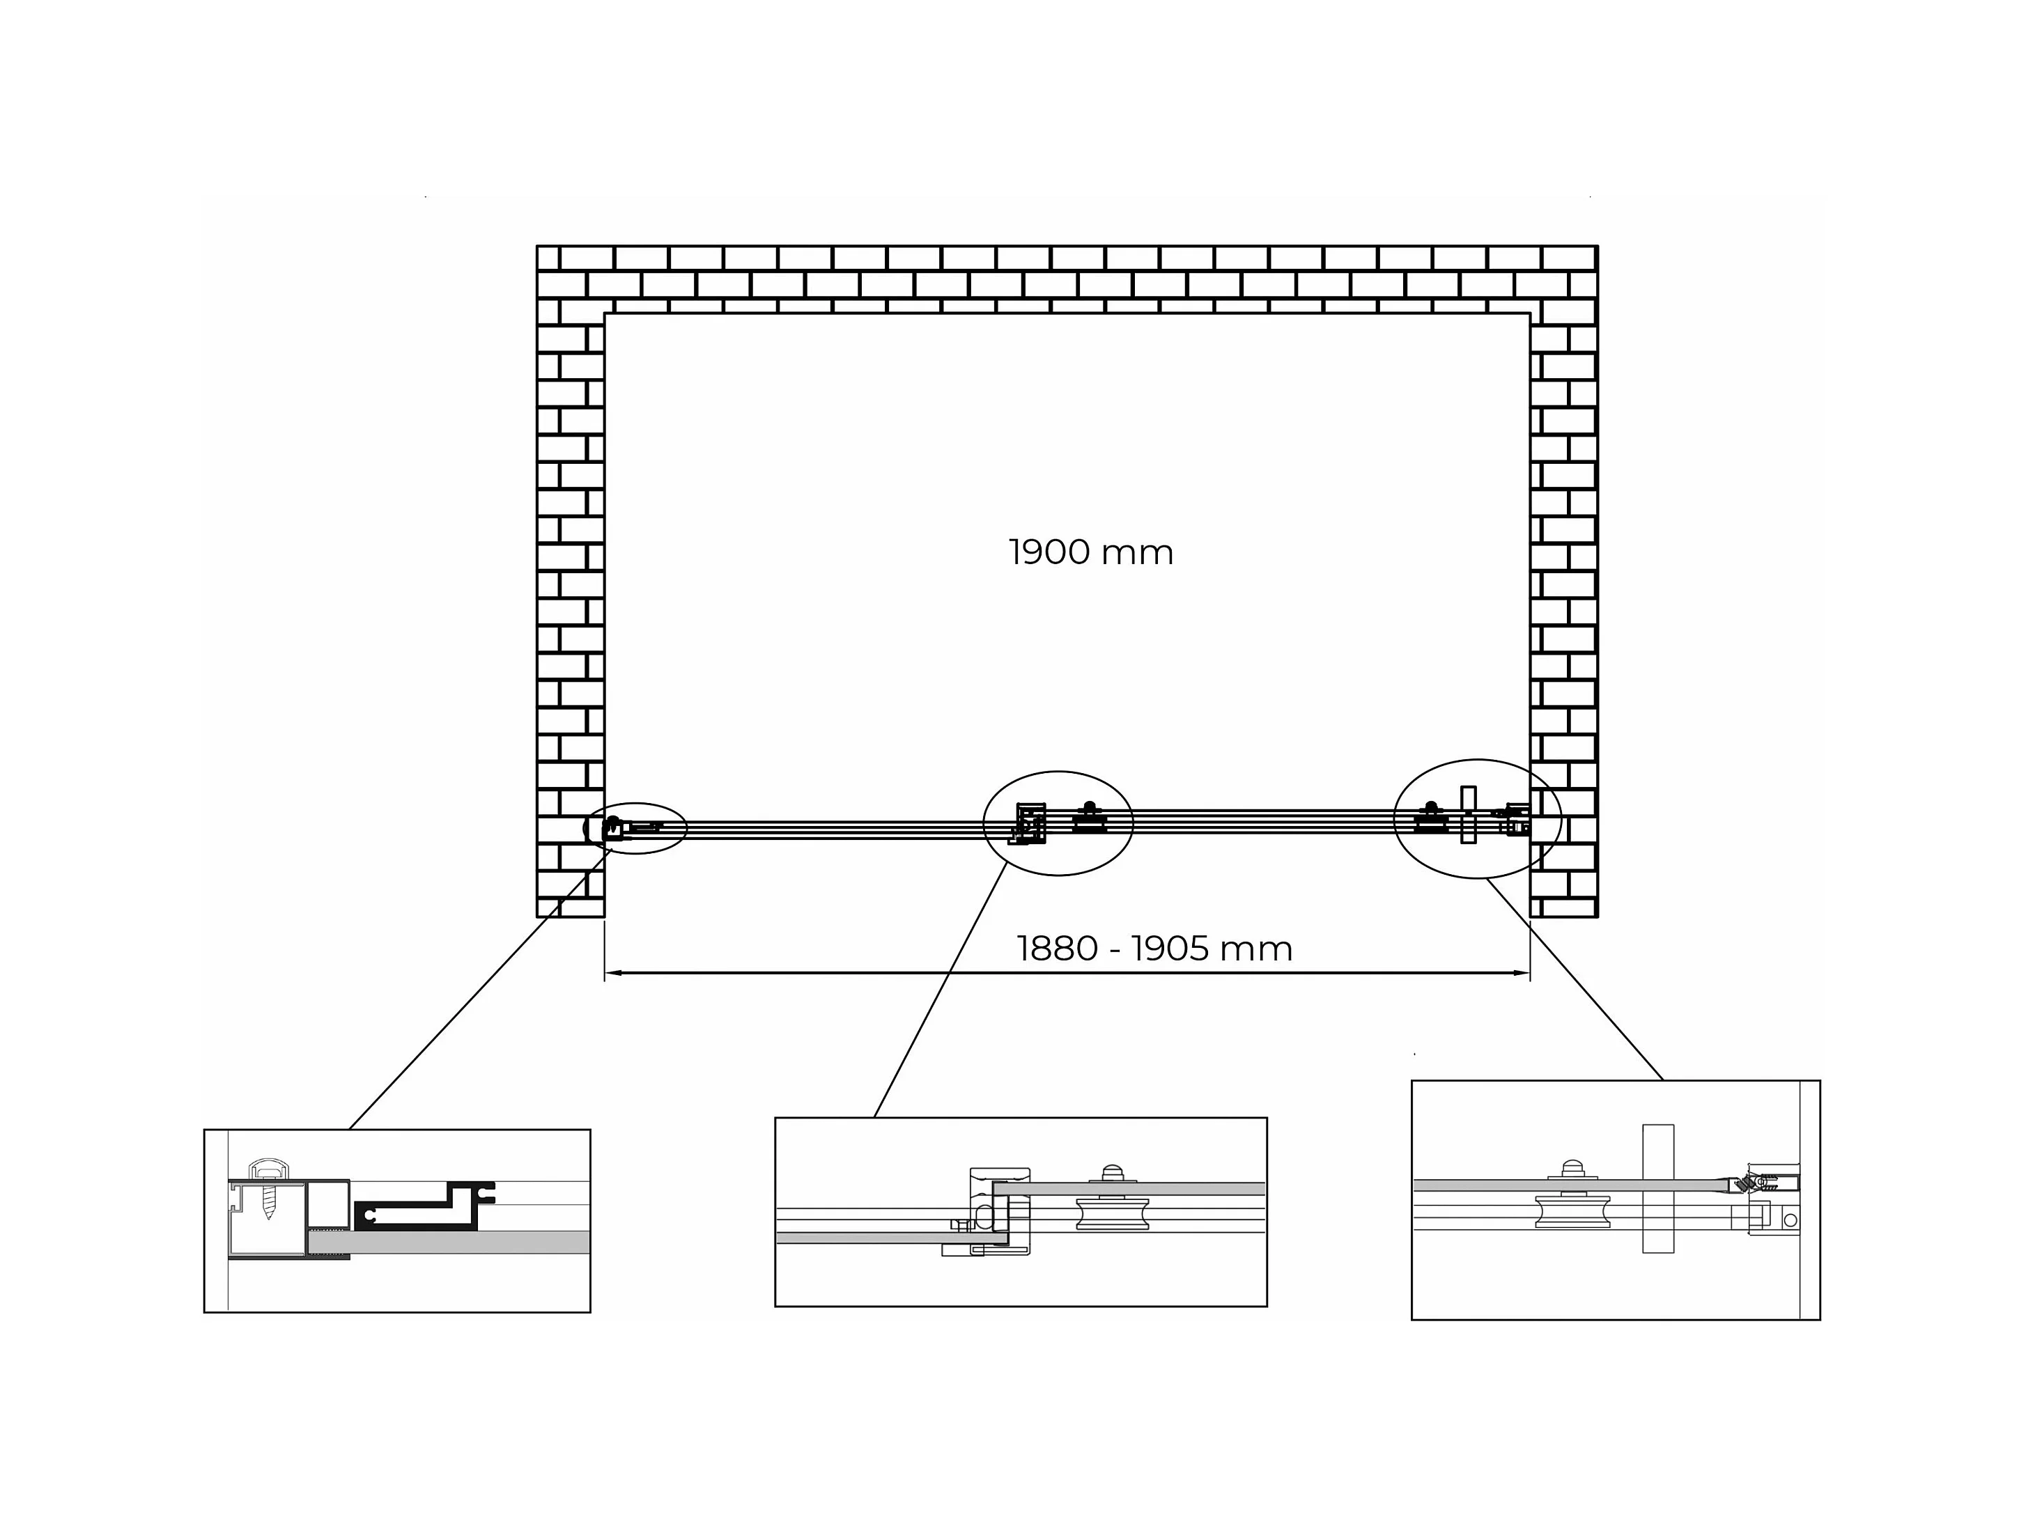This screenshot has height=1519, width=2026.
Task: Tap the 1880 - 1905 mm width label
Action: coord(1154,949)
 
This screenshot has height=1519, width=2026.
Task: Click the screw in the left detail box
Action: coord(268,1203)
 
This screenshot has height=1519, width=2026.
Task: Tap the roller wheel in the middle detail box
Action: coord(1112,1213)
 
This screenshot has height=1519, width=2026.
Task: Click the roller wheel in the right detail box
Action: coord(1572,1211)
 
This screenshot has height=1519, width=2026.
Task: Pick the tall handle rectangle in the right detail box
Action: coord(1658,1187)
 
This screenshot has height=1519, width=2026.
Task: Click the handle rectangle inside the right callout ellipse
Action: coord(1468,814)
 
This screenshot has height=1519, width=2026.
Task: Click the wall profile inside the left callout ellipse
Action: coord(612,829)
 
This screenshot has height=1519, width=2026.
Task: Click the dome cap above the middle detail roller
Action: coord(1112,1173)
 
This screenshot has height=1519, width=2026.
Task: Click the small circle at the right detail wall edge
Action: coord(1790,1220)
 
